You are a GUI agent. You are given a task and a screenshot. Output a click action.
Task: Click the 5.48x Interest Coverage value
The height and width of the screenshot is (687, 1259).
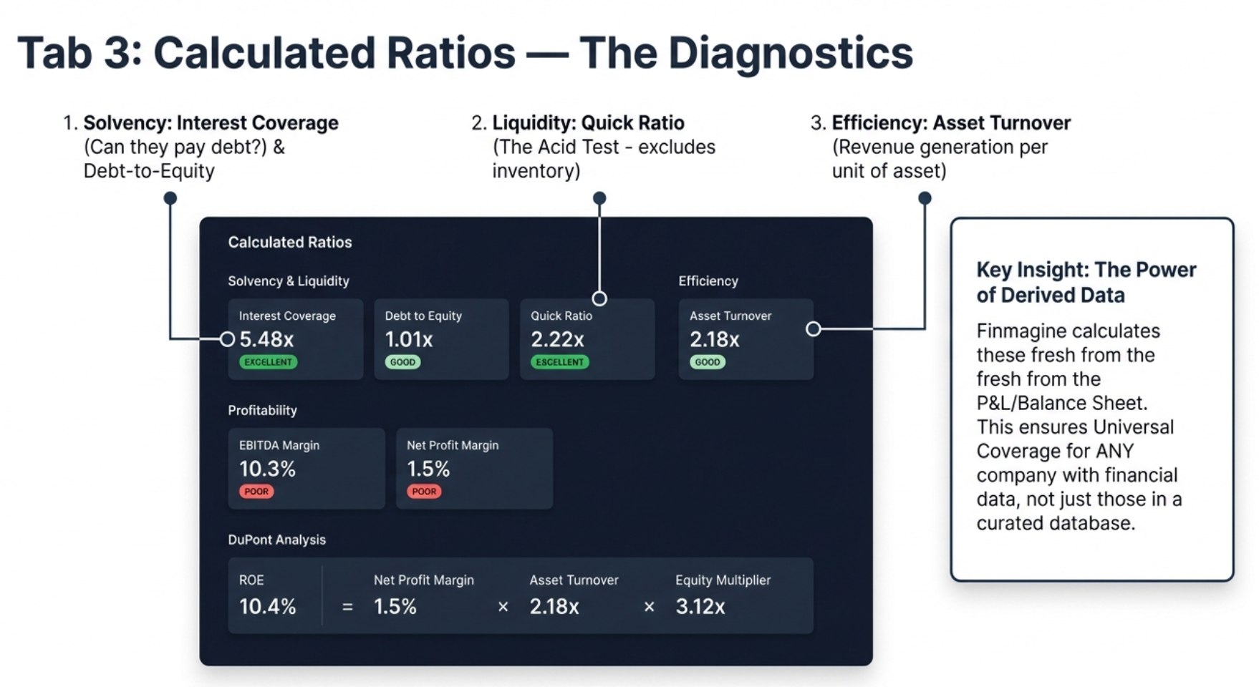point(266,339)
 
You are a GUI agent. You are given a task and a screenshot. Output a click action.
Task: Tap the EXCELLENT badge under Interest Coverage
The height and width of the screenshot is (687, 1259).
point(268,362)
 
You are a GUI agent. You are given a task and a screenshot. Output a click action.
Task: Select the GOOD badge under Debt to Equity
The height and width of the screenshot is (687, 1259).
point(402,362)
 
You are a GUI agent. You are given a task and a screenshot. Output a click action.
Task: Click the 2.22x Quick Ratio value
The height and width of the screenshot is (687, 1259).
point(557,339)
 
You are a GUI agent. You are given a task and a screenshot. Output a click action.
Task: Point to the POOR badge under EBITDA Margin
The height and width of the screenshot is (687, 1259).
point(256,492)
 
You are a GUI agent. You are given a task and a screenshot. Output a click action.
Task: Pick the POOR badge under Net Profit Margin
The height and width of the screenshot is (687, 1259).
point(424,492)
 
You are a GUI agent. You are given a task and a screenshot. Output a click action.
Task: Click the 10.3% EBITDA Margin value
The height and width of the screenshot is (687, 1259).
point(267,469)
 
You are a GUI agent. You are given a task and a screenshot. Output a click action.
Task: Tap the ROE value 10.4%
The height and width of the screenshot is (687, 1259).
point(267,606)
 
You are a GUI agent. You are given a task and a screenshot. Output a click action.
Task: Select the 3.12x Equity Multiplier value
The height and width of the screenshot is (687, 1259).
point(700,606)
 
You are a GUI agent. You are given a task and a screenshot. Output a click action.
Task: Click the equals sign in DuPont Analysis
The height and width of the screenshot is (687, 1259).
point(347,607)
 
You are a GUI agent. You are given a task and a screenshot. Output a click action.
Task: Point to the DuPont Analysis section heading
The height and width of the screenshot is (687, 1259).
point(276,540)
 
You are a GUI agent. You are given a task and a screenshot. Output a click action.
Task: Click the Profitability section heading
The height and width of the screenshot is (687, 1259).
point(262,410)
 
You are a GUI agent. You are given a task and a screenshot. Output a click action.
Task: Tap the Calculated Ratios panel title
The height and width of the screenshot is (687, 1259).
point(289,242)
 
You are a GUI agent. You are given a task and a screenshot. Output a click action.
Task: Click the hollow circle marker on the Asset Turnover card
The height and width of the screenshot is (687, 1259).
point(813,328)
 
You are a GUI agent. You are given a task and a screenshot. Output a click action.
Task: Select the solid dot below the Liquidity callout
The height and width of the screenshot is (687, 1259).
point(599,198)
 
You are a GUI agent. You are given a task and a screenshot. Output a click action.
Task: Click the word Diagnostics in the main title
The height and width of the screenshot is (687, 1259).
point(790,53)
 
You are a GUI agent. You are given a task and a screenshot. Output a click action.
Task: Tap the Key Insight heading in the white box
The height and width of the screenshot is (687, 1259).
point(1086,282)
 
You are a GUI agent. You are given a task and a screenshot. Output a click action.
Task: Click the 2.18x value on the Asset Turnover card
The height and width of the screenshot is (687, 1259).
point(714,339)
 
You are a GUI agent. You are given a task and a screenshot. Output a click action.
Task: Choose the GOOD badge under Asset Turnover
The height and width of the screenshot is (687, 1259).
point(707,362)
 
